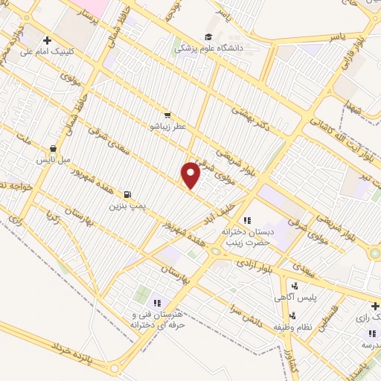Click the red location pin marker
pos(191,175)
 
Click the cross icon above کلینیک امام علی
pos(47,40)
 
